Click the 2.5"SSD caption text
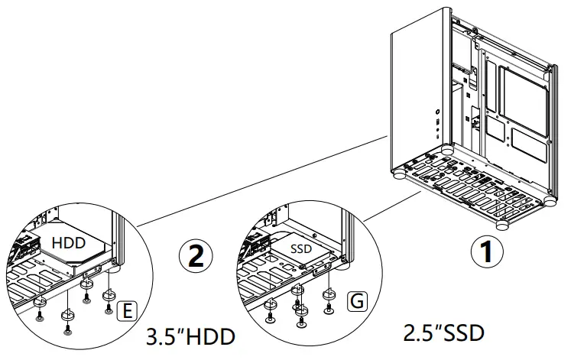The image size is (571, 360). (443, 332)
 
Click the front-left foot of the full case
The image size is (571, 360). (400, 174)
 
